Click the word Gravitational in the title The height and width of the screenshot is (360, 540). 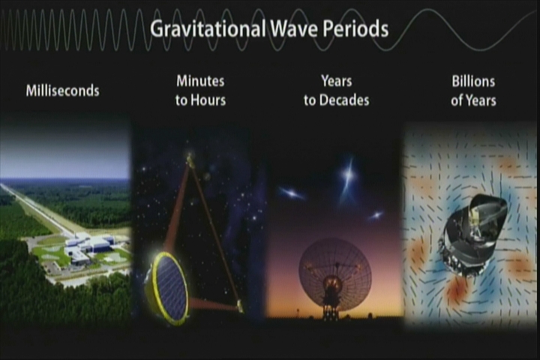208,28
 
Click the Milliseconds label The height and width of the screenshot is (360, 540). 63,91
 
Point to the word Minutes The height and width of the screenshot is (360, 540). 200,81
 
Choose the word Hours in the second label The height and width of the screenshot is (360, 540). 208,100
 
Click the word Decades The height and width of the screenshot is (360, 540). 344,100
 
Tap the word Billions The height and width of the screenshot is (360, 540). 473,82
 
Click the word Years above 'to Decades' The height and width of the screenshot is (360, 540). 337,81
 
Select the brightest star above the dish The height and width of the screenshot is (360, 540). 349,174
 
